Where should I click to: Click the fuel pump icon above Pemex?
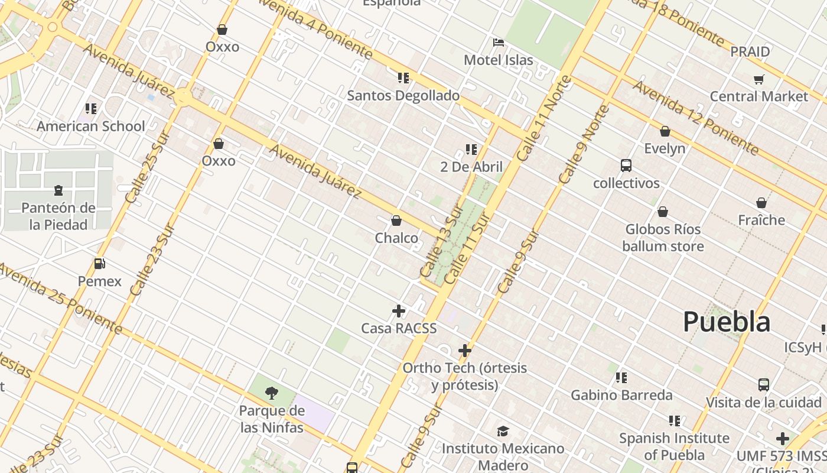click(x=100, y=264)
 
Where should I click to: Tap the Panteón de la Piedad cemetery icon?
click(x=58, y=190)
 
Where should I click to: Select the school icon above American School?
click(x=91, y=108)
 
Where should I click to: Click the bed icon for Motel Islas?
click(x=499, y=43)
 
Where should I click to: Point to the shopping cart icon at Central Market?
click(x=759, y=79)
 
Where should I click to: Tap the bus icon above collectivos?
click(x=626, y=166)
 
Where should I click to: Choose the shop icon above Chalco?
click(x=396, y=221)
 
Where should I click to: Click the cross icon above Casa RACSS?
click(x=399, y=311)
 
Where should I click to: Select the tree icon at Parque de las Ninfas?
click(x=272, y=393)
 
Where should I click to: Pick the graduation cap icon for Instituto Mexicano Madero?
click(x=503, y=431)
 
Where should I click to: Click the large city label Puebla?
click(x=727, y=322)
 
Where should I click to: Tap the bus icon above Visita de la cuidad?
click(x=764, y=385)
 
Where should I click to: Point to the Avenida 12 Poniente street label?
click(x=695, y=117)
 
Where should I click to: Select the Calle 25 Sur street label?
click(x=147, y=167)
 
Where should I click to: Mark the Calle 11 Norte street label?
click(x=544, y=118)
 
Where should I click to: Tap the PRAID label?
click(x=750, y=52)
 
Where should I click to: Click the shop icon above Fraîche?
click(x=761, y=203)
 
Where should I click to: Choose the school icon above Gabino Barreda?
click(x=621, y=377)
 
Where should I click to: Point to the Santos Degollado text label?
click(x=403, y=96)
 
